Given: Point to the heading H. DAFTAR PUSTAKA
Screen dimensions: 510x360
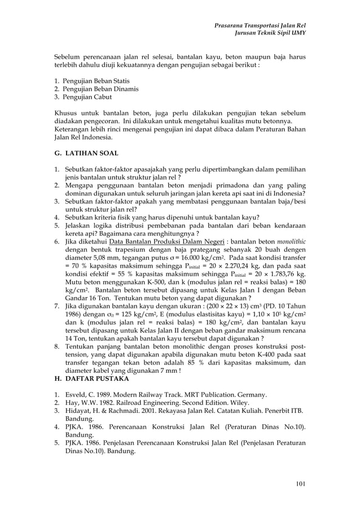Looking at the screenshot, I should click(91, 378).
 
